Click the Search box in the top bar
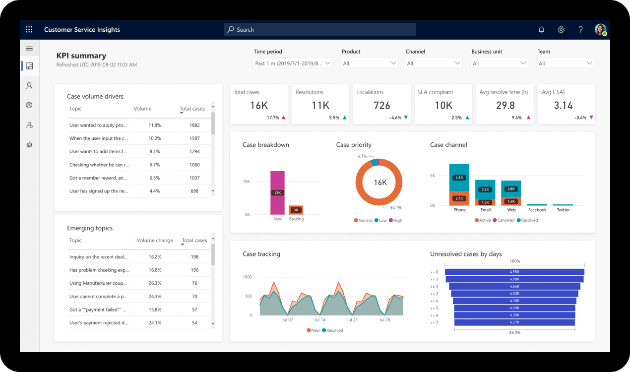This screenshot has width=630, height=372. pyautogui.click(x=319, y=30)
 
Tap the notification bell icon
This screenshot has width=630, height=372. pyautogui.click(x=541, y=30)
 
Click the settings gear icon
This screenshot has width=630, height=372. pyautogui.click(x=561, y=30)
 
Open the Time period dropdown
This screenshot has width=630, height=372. pyautogui.click(x=292, y=63)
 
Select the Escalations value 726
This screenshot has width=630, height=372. pyautogui.click(x=381, y=106)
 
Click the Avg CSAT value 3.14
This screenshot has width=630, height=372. pyautogui.click(x=564, y=106)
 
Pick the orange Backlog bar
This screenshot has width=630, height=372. pyautogui.click(x=296, y=210)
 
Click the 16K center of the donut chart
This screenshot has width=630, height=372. pyautogui.click(x=380, y=183)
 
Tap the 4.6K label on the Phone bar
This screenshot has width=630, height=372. pyautogui.click(x=459, y=178)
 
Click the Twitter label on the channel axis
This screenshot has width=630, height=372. pyautogui.click(x=563, y=210)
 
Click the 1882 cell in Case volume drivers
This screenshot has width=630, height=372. pyautogui.click(x=194, y=125)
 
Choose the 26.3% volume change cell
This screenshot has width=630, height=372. pyautogui.click(x=155, y=283)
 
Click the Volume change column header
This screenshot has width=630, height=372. pyautogui.click(x=155, y=241)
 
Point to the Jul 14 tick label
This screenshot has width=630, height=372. pyautogui.click(x=320, y=320)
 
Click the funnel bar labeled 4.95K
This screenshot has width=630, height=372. pyautogui.click(x=514, y=272)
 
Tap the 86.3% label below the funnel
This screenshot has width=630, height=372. pyautogui.click(x=514, y=333)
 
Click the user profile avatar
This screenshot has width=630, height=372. pyautogui.click(x=600, y=30)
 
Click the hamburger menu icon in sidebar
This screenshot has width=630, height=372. pyautogui.click(x=29, y=49)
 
